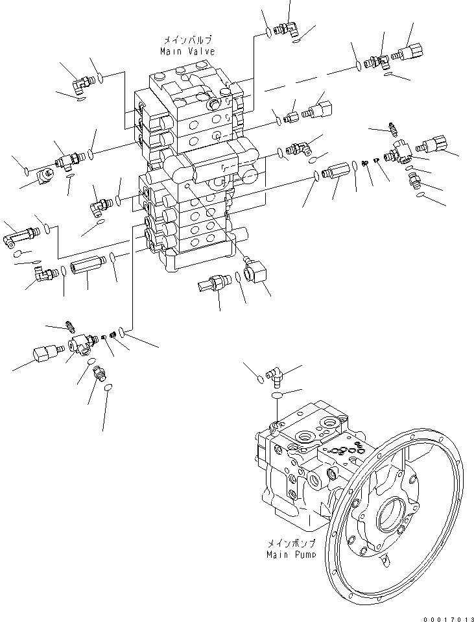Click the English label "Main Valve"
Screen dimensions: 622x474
[187, 51]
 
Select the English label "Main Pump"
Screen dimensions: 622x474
[292, 555]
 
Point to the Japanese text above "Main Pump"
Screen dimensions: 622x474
[292, 545]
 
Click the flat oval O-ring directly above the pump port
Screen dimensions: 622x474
[277, 394]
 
